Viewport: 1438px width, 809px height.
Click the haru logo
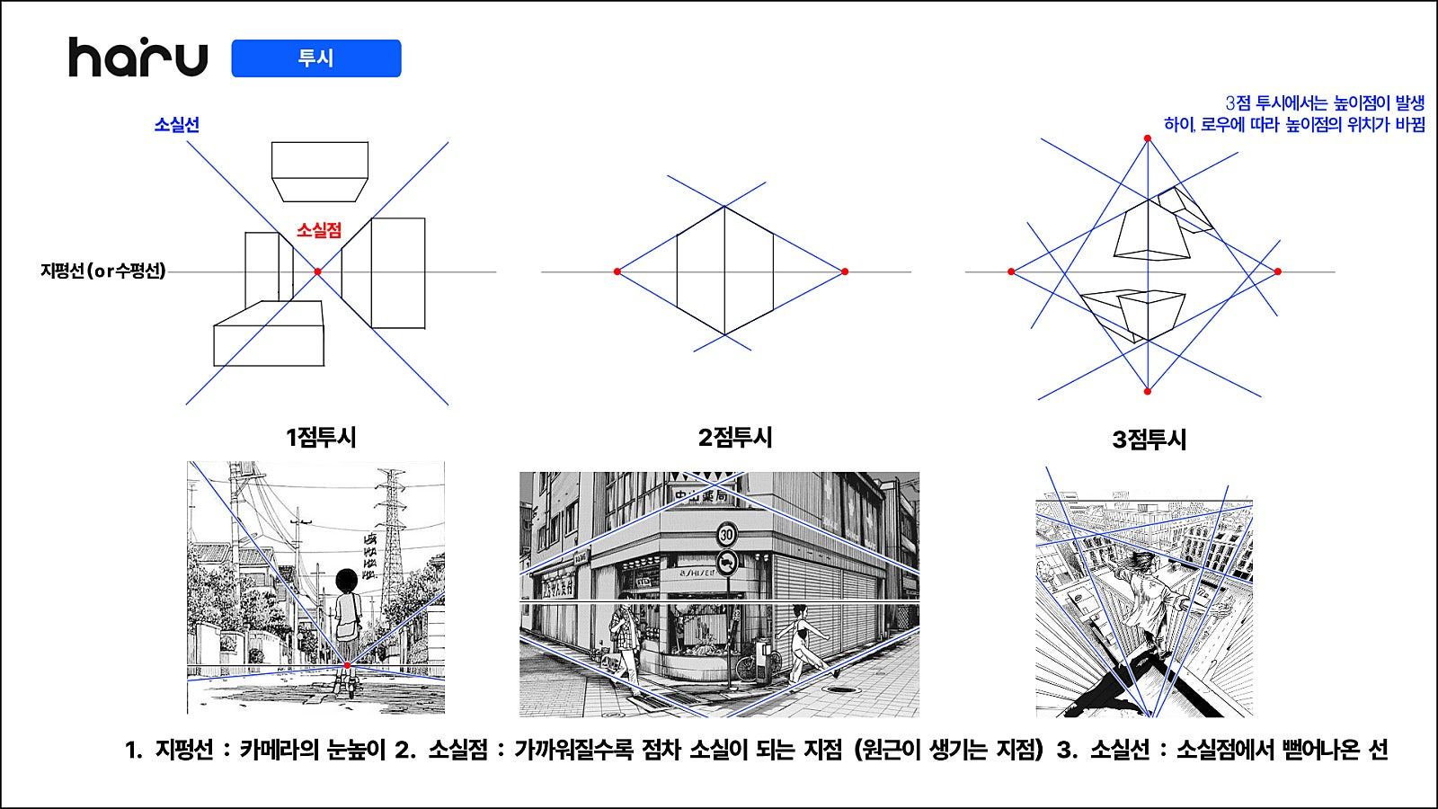coord(138,58)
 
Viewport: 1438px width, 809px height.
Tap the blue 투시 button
coord(315,58)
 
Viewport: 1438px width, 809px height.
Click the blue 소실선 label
coord(176,125)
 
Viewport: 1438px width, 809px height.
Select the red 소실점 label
coord(319,230)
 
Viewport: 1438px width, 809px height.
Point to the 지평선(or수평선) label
coord(102,271)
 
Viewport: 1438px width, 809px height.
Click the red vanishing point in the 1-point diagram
coord(318,271)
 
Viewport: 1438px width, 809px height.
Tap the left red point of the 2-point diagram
coord(617,271)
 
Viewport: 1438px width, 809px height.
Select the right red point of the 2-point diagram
coord(845,271)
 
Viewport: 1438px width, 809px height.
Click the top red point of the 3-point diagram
coord(1148,138)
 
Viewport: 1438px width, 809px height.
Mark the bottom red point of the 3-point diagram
coord(1148,391)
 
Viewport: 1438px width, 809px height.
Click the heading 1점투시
coord(320,437)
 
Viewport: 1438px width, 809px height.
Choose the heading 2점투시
coord(735,437)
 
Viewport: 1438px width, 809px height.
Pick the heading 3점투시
coord(1150,440)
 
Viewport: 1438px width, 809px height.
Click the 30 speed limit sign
coord(727,534)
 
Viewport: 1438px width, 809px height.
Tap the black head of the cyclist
coord(347,581)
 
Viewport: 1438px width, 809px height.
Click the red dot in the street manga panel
coord(347,665)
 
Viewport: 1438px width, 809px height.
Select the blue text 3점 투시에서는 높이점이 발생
coord(1325,102)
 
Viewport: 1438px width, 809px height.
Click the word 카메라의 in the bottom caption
coord(280,750)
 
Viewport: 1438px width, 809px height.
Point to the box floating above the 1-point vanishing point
coord(320,172)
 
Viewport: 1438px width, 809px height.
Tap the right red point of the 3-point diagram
coord(1278,271)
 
